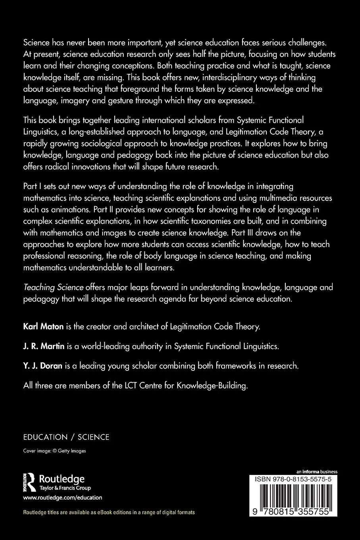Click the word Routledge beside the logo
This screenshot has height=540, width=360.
(62, 479)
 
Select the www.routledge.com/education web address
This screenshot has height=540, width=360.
(63, 497)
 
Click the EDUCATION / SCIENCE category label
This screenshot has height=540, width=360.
(66, 437)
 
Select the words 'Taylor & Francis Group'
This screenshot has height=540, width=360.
(65, 488)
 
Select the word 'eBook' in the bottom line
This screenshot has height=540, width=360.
(112, 512)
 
